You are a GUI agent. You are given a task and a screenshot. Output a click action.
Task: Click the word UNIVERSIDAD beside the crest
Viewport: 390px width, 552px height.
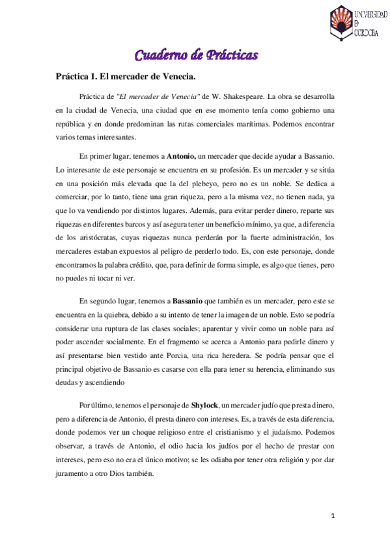368,12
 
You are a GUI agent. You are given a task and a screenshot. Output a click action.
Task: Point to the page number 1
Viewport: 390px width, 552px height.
333,516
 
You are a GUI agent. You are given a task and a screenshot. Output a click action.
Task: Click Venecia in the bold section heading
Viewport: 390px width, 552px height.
172,77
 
